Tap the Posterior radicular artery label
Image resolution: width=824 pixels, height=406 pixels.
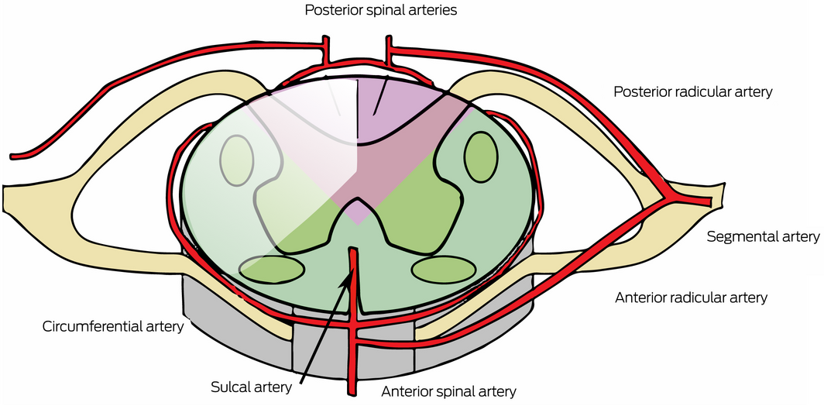coord(692,92)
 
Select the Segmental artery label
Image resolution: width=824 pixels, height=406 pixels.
coord(762,236)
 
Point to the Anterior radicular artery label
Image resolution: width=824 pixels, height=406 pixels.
coord(690,298)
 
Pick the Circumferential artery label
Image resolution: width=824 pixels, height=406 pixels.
coord(112,325)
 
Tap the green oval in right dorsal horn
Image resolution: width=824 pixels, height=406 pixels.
coord(481,157)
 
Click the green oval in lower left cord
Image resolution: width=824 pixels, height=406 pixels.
coord(272,268)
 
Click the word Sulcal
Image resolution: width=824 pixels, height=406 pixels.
coord(230,385)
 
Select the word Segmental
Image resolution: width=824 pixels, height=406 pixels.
coord(737,236)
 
